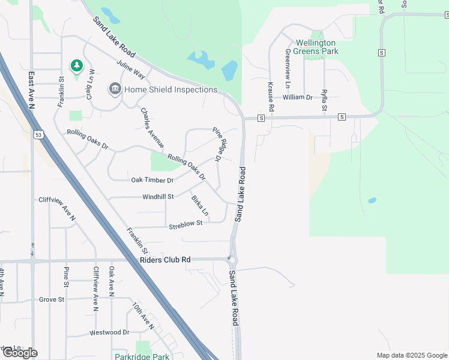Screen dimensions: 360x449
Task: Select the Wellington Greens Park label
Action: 317,47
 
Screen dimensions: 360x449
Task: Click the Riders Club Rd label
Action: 164,260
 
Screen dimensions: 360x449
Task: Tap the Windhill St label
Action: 158,197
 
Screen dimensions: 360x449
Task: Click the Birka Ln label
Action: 200,206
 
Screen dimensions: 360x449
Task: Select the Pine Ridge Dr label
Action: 221,144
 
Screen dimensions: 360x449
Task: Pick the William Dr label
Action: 298,97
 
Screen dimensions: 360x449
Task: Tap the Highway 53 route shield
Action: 38,134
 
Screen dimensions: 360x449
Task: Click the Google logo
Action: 20,353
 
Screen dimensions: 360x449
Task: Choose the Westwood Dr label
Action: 109,332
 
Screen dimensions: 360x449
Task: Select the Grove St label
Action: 52,299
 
